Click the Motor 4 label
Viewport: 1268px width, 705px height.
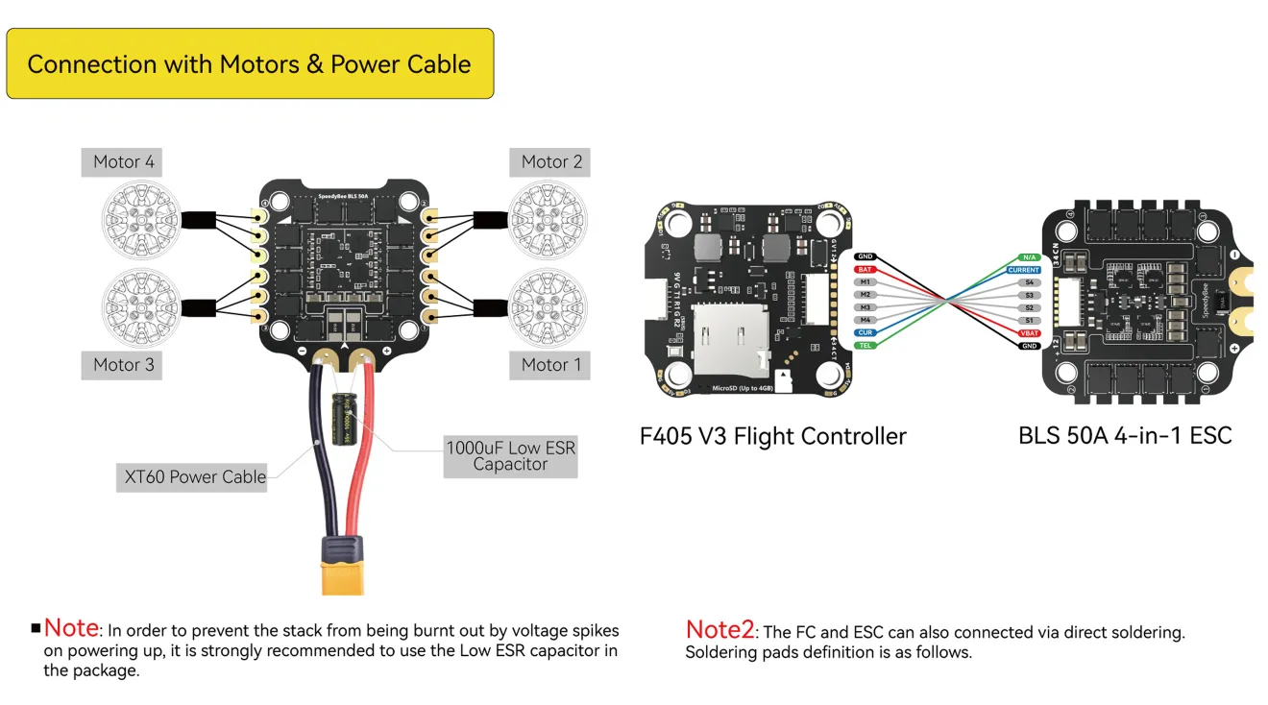pos(123,161)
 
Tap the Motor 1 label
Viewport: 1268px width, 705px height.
pos(550,364)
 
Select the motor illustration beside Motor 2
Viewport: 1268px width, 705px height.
pos(548,218)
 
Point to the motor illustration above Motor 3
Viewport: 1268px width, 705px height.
pos(141,307)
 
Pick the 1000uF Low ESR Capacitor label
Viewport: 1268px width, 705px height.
pos(510,456)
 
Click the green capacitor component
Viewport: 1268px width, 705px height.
pos(344,419)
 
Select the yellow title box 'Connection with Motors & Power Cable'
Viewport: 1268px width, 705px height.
pos(250,64)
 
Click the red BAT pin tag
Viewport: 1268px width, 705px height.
pos(865,270)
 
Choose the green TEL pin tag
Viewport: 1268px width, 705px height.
pos(865,345)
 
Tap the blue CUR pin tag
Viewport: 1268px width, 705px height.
pos(865,332)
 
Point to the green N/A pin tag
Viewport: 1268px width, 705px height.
pos(1030,257)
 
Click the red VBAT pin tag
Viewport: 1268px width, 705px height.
pos(1030,332)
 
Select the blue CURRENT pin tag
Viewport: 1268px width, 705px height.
pos(1024,270)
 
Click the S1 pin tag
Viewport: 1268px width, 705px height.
pos(1030,320)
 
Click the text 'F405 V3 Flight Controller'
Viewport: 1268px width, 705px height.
pos(772,436)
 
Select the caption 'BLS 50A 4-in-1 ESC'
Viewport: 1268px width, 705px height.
pos(1124,436)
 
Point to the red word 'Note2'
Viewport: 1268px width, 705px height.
pos(720,630)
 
